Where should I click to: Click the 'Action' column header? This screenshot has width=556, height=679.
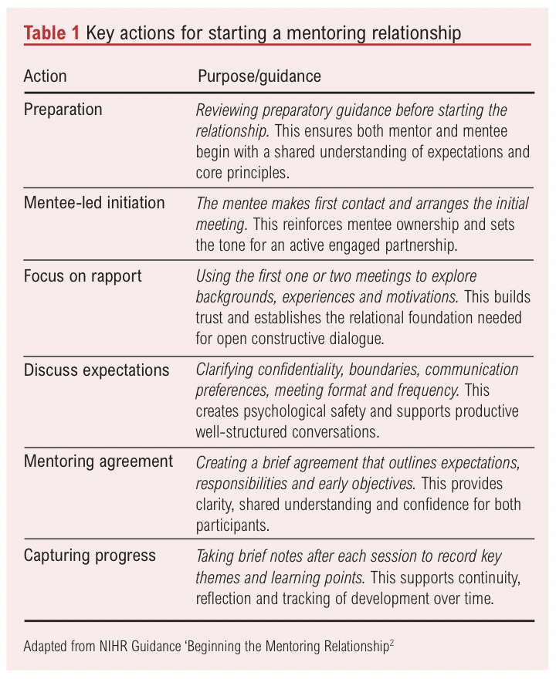(46, 76)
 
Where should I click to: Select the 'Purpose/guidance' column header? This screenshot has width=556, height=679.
(259, 76)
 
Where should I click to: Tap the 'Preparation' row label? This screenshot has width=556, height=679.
(63, 110)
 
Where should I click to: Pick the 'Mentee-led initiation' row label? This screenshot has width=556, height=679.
(94, 203)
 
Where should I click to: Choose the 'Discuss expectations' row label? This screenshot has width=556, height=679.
(97, 370)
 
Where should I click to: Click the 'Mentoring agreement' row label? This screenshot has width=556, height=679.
(98, 462)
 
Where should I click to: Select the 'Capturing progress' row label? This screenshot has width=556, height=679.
(90, 556)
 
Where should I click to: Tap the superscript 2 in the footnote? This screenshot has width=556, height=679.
(392, 642)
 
